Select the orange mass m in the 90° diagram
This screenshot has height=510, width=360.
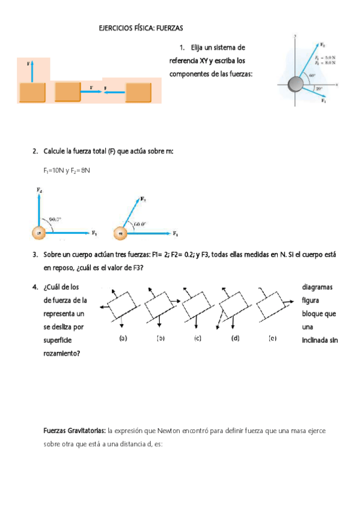coord(39,233)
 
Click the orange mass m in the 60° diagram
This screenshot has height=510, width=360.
coord(121,233)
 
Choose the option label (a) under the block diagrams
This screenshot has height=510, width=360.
coord(123,338)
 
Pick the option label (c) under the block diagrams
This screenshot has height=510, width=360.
coord(197,338)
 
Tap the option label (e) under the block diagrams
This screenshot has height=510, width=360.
coord(272,338)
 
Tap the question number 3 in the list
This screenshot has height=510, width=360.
coord(35,254)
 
